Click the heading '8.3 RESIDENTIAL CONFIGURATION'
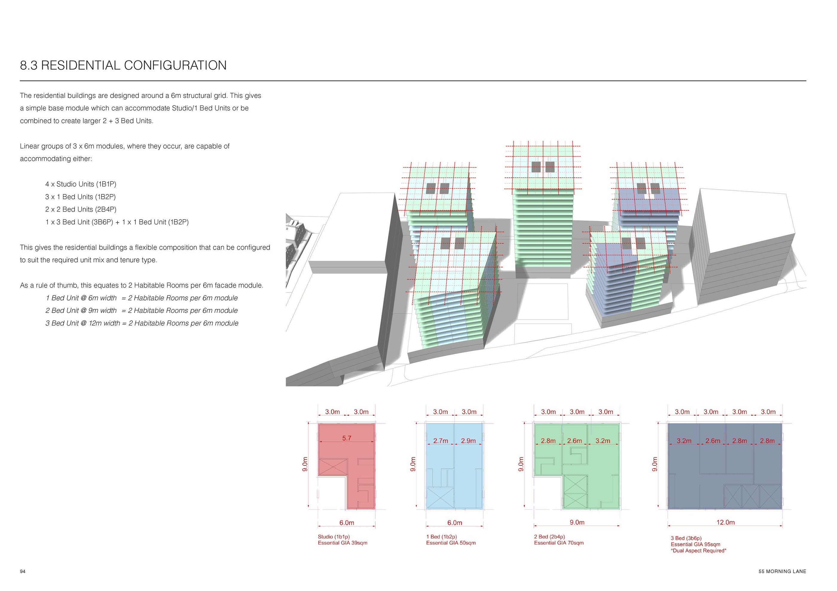(123, 65)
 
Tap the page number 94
(23, 571)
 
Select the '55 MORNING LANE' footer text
(782, 571)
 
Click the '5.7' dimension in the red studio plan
(347, 438)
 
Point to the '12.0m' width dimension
(725, 522)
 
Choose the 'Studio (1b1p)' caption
(334, 536)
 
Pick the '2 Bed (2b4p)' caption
(549, 536)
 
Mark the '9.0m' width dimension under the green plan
(577, 522)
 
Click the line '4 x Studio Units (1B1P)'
(81, 184)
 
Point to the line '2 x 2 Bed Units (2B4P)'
(81, 209)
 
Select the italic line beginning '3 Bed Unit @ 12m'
(142, 323)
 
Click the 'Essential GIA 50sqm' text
(451, 543)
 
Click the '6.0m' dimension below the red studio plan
(347, 523)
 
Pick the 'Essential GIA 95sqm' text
(696, 544)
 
